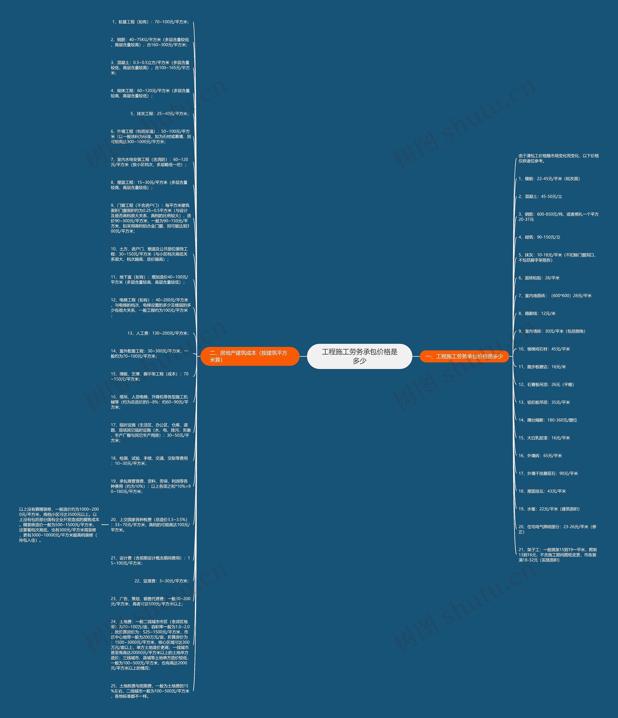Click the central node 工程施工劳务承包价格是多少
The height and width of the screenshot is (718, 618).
(x=359, y=356)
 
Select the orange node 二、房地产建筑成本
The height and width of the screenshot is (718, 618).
(x=250, y=356)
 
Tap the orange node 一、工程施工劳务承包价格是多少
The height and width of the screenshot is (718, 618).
(x=464, y=356)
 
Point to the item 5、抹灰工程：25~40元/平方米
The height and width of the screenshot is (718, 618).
(x=160, y=114)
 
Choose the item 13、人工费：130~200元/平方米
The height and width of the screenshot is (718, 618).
(x=158, y=333)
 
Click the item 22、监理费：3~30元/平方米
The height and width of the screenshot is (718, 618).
(x=162, y=581)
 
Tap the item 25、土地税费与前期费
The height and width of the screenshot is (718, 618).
(x=150, y=691)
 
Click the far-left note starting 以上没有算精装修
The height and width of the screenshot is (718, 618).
(x=59, y=525)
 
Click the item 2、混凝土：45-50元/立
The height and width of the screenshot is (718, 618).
(x=540, y=196)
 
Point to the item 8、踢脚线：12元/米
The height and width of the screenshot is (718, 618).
(x=537, y=314)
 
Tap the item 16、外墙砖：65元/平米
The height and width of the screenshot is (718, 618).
(x=540, y=456)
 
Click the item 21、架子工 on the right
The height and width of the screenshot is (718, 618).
(x=557, y=555)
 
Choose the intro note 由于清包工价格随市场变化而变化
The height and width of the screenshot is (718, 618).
(x=558, y=158)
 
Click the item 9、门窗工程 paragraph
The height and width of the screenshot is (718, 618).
(x=150, y=218)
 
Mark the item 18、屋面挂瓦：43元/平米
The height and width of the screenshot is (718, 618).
(x=542, y=491)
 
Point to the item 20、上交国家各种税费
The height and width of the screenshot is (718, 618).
(x=150, y=525)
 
